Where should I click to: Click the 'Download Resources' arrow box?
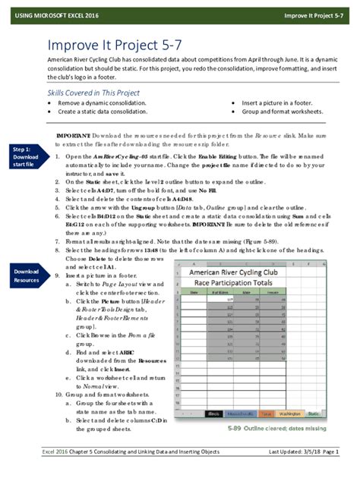pyautogui.click(x=26, y=275)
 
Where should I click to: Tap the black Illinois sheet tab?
pyautogui.click(x=214, y=414)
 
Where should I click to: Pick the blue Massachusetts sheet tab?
pyautogui.click(x=241, y=414)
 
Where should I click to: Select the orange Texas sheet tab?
pyautogui.click(x=266, y=414)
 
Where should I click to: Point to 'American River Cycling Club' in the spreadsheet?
pyautogui.click(x=248, y=270)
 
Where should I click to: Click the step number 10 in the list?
pyautogui.click(x=59, y=395)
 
